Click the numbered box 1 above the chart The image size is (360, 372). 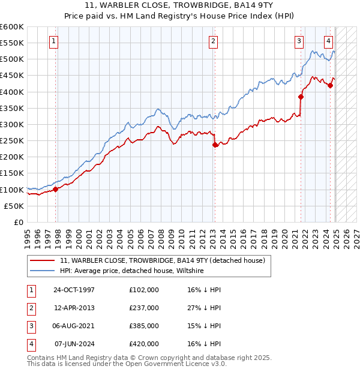(54, 41)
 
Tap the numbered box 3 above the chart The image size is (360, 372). (299, 41)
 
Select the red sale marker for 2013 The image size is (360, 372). (215, 145)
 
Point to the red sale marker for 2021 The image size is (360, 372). (301, 97)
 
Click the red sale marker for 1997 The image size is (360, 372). (56, 189)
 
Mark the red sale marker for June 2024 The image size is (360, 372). (331, 85)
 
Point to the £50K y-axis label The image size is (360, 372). (14, 206)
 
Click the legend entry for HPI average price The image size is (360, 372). (132, 271)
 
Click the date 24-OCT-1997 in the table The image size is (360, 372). (74, 290)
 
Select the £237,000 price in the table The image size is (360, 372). (144, 308)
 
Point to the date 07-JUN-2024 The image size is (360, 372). (74, 344)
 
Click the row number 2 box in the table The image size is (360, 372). (30, 308)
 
